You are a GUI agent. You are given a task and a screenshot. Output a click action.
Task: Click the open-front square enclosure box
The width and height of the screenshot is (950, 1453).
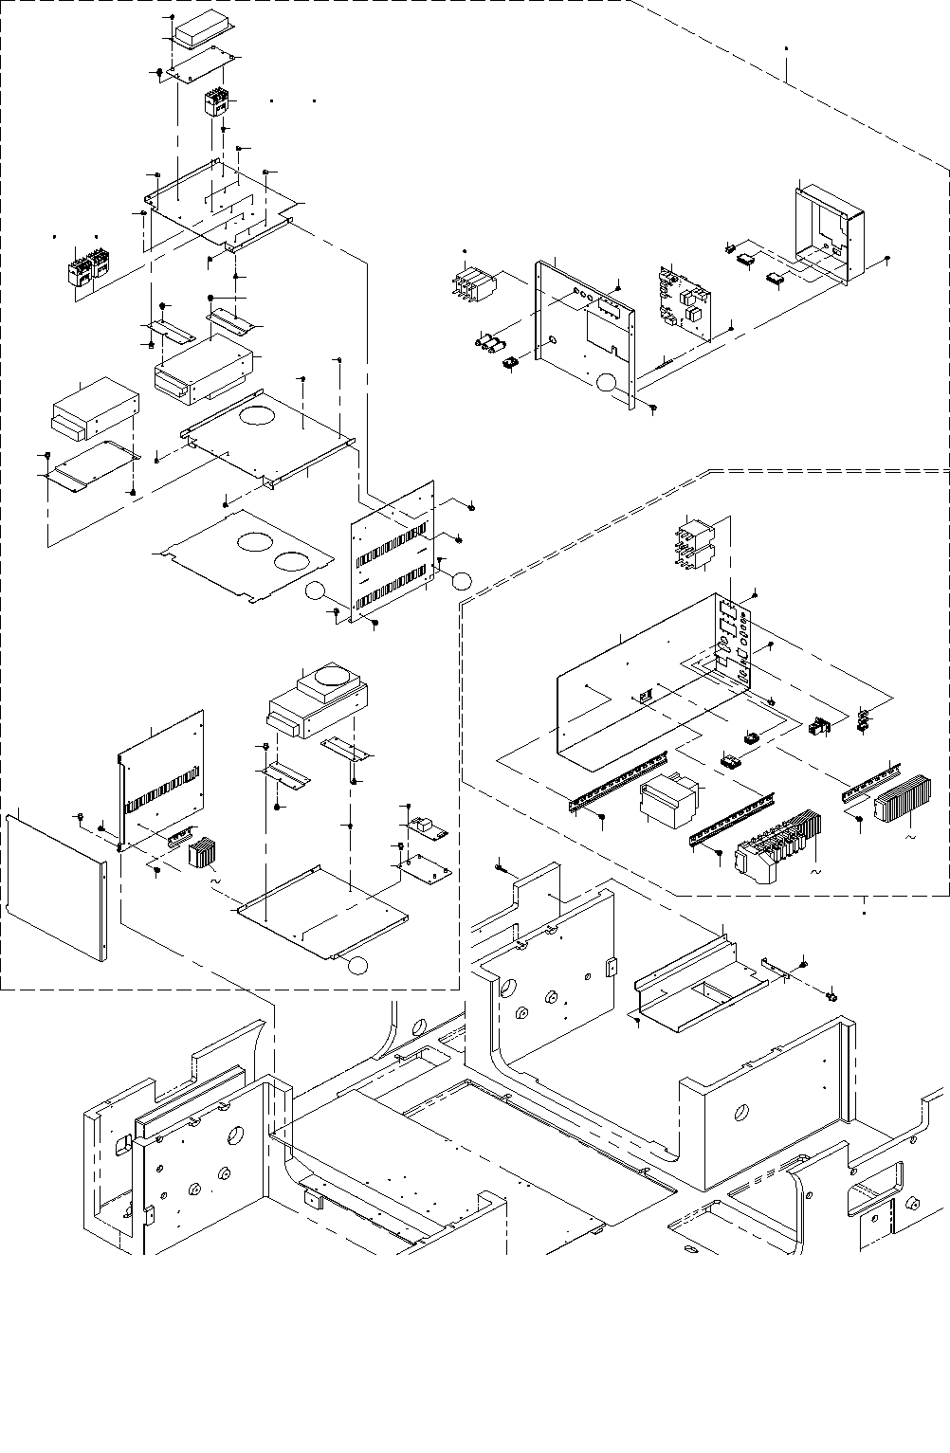(831, 232)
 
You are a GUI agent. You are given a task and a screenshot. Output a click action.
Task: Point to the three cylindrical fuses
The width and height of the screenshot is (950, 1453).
(489, 342)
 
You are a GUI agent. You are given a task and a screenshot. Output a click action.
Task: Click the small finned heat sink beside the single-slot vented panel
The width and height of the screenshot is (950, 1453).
(202, 853)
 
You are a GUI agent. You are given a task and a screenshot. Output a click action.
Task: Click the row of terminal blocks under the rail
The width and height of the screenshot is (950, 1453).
(773, 844)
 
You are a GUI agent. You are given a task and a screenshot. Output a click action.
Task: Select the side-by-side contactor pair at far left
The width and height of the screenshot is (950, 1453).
(87, 266)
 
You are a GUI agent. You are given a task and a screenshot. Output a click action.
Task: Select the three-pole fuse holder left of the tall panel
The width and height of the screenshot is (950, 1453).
(471, 283)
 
